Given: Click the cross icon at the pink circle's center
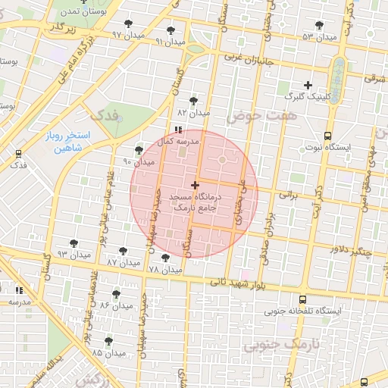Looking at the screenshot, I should click(x=195, y=185).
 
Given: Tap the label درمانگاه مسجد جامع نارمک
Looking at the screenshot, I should click(x=195, y=201).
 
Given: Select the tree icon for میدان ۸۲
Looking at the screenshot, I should click(x=193, y=100).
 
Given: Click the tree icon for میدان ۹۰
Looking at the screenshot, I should click(x=138, y=149).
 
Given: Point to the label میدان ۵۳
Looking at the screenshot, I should click(x=318, y=37).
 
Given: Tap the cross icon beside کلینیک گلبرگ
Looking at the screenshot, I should click(x=308, y=85).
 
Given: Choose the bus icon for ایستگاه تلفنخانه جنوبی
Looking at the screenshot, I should click(x=303, y=299).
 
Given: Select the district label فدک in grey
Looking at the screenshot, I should click(x=106, y=116).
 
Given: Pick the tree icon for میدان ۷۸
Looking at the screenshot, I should click(x=166, y=258).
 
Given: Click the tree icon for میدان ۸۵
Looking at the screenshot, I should click(x=108, y=341).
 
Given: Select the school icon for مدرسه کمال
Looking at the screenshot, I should click(x=178, y=130).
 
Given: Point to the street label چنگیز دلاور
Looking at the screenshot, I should click(x=350, y=250).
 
